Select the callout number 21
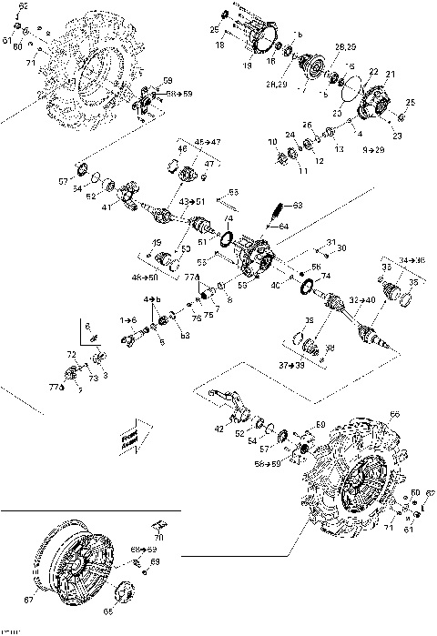[391, 74]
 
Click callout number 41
[107, 208]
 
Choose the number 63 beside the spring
[297, 206]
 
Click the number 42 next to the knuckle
[218, 429]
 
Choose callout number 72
[71, 354]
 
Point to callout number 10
[272, 142]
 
